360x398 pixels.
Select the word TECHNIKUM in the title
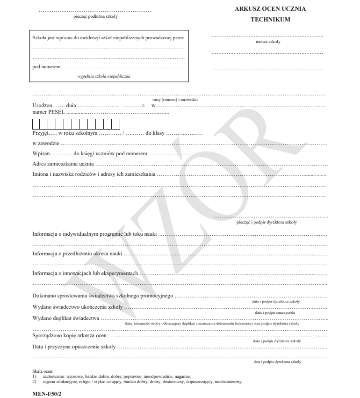click(x=270, y=20)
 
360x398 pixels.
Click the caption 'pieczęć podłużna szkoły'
click(x=95, y=16)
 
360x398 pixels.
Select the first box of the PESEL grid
click(x=36, y=124)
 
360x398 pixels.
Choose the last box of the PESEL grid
click(x=116, y=124)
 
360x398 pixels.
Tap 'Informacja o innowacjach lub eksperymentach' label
click(x=86, y=274)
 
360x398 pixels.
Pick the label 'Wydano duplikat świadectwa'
click(x=66, y=318)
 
